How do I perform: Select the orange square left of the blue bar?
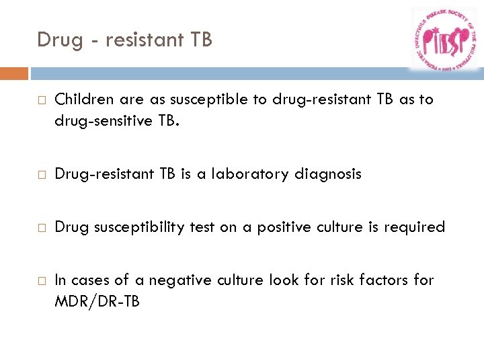pos(14,73)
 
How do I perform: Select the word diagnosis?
pos(328,174)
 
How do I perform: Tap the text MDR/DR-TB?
pos(97,301)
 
